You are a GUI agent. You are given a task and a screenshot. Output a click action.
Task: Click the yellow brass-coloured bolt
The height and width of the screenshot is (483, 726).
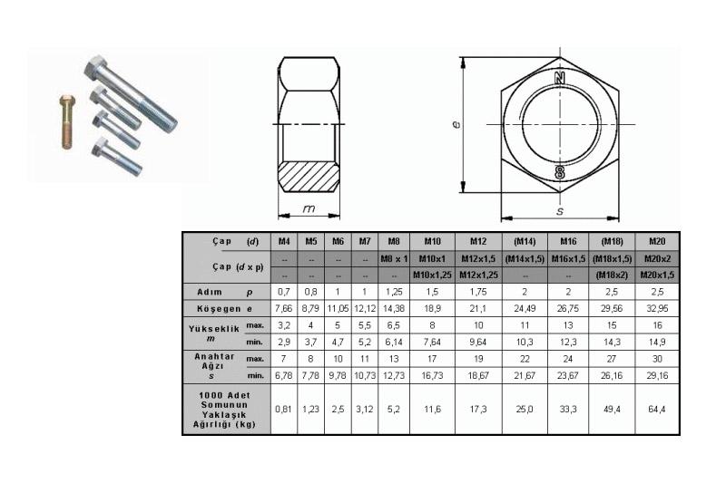click(x=67, y=121)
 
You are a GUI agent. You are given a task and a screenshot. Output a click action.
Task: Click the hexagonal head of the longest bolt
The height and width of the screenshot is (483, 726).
click(x=96, y=67)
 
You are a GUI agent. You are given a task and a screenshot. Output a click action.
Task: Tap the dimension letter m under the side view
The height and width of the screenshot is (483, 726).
click(x=309, y=209)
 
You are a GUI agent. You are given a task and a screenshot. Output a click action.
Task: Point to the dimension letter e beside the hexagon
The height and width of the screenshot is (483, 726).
click(x=456, y=124)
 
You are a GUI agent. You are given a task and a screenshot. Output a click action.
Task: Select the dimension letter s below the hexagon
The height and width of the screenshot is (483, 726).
click(x=560, y=211)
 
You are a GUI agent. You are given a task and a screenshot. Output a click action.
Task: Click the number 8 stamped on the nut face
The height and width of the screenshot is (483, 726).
click(x=560, y=172)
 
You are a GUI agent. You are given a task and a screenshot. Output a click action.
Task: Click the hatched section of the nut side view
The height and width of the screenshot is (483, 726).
click(x=309, y=177)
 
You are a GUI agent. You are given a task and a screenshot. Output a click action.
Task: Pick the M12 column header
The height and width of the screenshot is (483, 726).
click(x=478, y=241)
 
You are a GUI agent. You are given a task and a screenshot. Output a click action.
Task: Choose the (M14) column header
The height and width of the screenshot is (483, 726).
click(x=525, y=241)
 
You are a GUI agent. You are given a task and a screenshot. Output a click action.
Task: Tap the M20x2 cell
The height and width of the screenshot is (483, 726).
click(x=657, y=258)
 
